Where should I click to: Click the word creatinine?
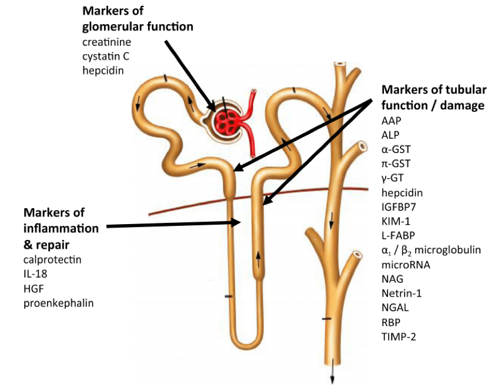click(106, 42)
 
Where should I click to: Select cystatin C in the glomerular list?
click(106, 56)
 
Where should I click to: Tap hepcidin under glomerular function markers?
click(103, 70)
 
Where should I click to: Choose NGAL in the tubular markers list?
click(395, 307)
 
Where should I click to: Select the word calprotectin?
click(52, 259)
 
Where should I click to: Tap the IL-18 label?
click(37, 273)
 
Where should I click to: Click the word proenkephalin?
click(58, 303)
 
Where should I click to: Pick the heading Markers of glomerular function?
click(138, 19)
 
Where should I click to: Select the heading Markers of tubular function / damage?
click(434, 98)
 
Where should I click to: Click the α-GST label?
click(395, 149)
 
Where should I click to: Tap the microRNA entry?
click(406, 264)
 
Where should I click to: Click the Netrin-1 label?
click(402, 293)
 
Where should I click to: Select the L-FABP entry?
click(398, 235)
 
